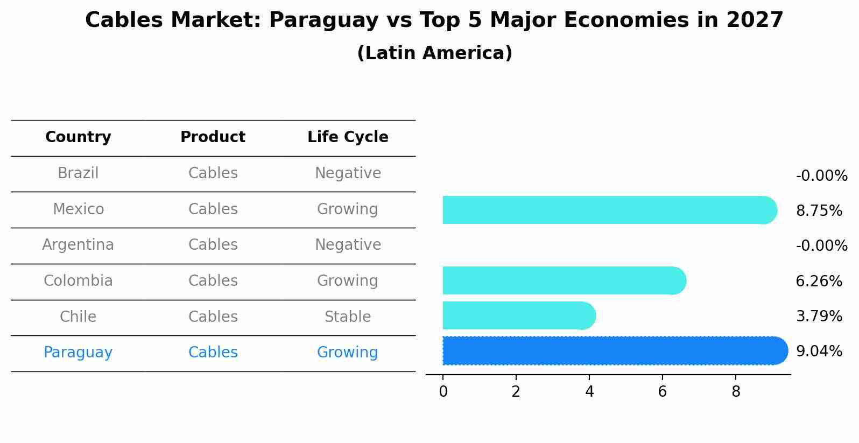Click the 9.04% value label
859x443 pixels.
(819, 351)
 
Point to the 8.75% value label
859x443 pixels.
(819, 211)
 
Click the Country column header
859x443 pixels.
(78, 137)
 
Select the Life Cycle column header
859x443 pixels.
(348, 137)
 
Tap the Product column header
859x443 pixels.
(213, 137)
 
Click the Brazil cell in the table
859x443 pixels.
(78, 173)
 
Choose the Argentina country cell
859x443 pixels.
(78, 245)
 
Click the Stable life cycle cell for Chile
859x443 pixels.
(348, 317)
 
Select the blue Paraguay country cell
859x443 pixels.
(78, 353)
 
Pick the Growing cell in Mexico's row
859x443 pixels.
(348, 209)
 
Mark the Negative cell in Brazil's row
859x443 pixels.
(348, 173)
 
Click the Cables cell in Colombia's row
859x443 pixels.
(213, 281)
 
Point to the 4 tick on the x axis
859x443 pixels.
(589, 391)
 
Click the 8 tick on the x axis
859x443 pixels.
(736, 391)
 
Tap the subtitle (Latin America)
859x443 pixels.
(434, 53)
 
